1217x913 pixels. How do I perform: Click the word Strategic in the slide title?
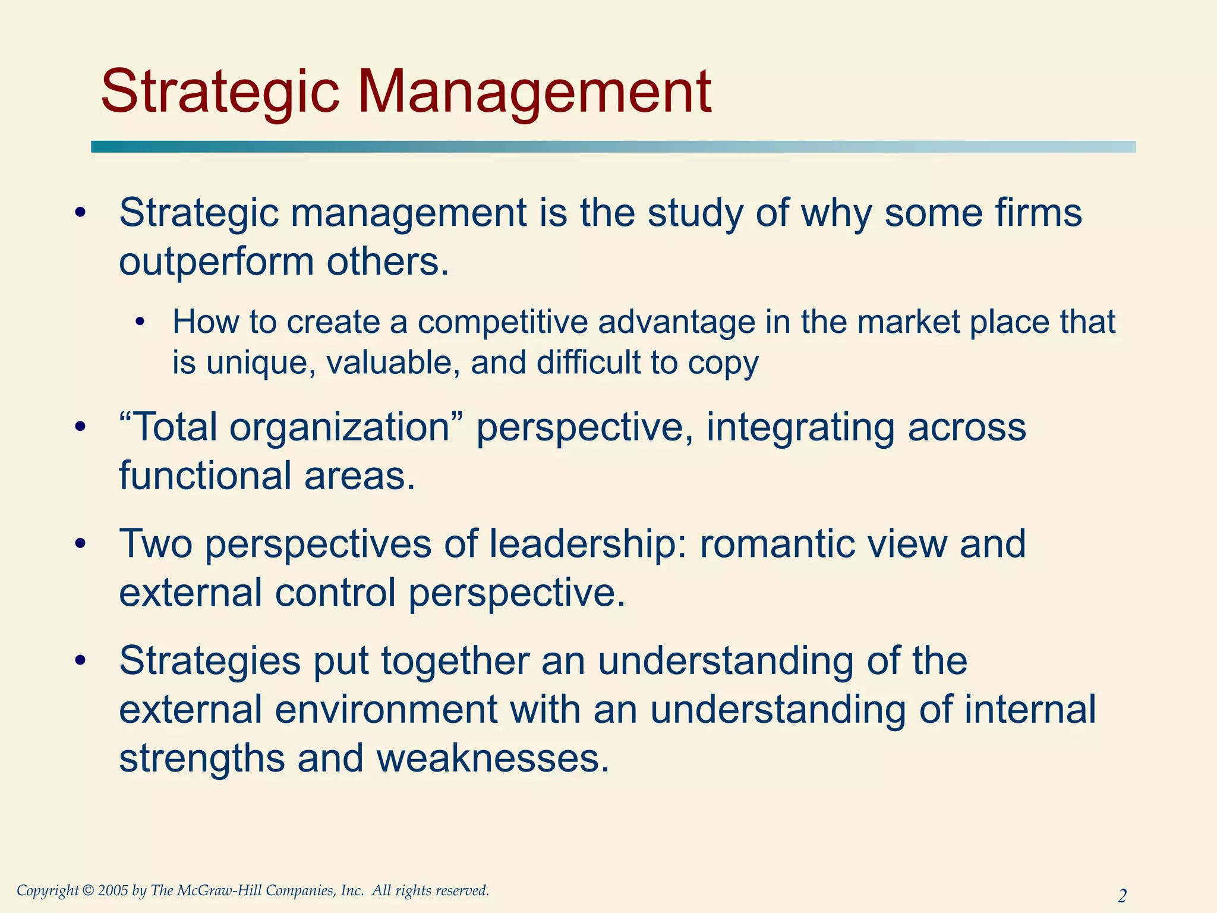(x=220, y=92)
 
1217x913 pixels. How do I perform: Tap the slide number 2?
(x=1122, y=895)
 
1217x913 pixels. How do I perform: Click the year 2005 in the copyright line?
(x=112, y=890)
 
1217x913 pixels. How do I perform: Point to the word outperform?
(x=216, y=263)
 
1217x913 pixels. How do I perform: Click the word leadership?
(x=588, y=544)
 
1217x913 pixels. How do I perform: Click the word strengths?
(x=201, y=759)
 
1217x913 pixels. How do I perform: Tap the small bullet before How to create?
(x=140, y=323)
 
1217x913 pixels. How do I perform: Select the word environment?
(x=386, y=710)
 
